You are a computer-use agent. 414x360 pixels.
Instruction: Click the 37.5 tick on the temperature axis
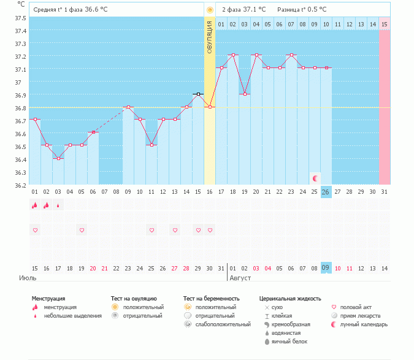tap(21, 18)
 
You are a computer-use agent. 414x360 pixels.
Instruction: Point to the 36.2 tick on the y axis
tap(21, 185)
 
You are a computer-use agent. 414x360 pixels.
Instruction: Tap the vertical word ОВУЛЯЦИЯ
tap(210, 37)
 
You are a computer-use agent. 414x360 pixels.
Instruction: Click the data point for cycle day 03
tap(58, 158)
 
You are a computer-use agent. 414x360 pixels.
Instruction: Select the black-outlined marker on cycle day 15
tap(198, 94)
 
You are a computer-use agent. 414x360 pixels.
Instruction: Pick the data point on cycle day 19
tap(245, 94)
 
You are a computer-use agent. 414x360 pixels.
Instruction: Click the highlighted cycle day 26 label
tap(326, 192)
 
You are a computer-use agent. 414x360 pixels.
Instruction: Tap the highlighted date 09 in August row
tap(326, 268)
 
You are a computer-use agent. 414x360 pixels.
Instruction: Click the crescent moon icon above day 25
tap(315, 178)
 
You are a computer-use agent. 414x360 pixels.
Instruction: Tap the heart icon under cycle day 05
tap(82, 230)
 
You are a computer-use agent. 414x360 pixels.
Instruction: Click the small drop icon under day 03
tap(58, 205)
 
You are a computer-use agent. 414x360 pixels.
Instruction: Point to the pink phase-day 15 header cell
tap(384, 24)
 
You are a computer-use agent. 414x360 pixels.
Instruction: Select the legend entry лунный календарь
tap(361, 324)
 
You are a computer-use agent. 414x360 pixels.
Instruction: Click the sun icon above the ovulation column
tap(210, 10)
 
